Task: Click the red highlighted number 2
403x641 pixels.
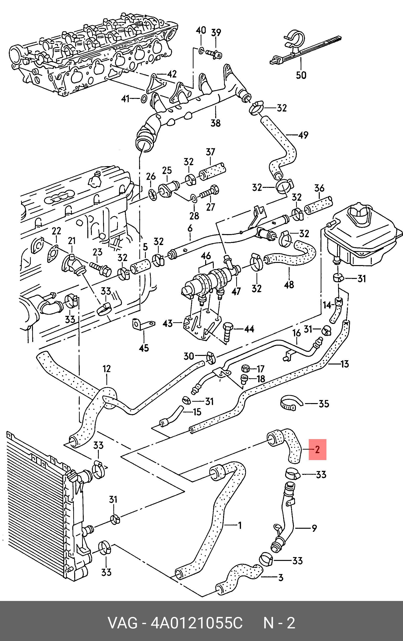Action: click(317, 450)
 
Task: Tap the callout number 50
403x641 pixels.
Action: click(301, 75)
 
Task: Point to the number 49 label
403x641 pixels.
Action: click(303, 135)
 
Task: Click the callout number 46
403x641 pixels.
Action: click(206, 256)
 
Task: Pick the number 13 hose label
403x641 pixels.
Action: click(345, 364)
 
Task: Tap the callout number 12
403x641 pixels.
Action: click(106, 369)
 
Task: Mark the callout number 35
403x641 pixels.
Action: click(324, 404)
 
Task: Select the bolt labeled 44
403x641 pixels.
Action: click(227, 332)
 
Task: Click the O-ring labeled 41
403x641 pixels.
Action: click(143, 99)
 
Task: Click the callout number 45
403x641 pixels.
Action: click(144, 348)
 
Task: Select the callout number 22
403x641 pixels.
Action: click(56, 231)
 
